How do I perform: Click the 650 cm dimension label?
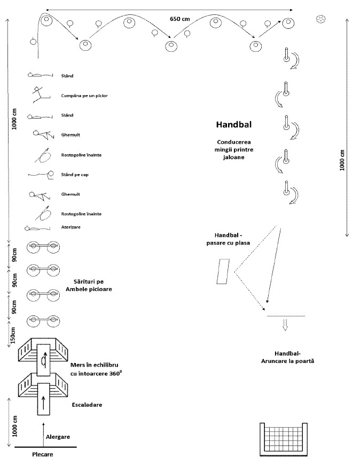(179, 19)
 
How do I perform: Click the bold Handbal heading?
(234, 125)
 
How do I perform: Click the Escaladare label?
(87, 405)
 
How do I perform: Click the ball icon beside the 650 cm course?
(320, 19)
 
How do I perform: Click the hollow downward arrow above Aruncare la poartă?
(285, 325)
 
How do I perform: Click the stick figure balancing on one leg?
(37, 94)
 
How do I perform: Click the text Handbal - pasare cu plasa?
(233, 239)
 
